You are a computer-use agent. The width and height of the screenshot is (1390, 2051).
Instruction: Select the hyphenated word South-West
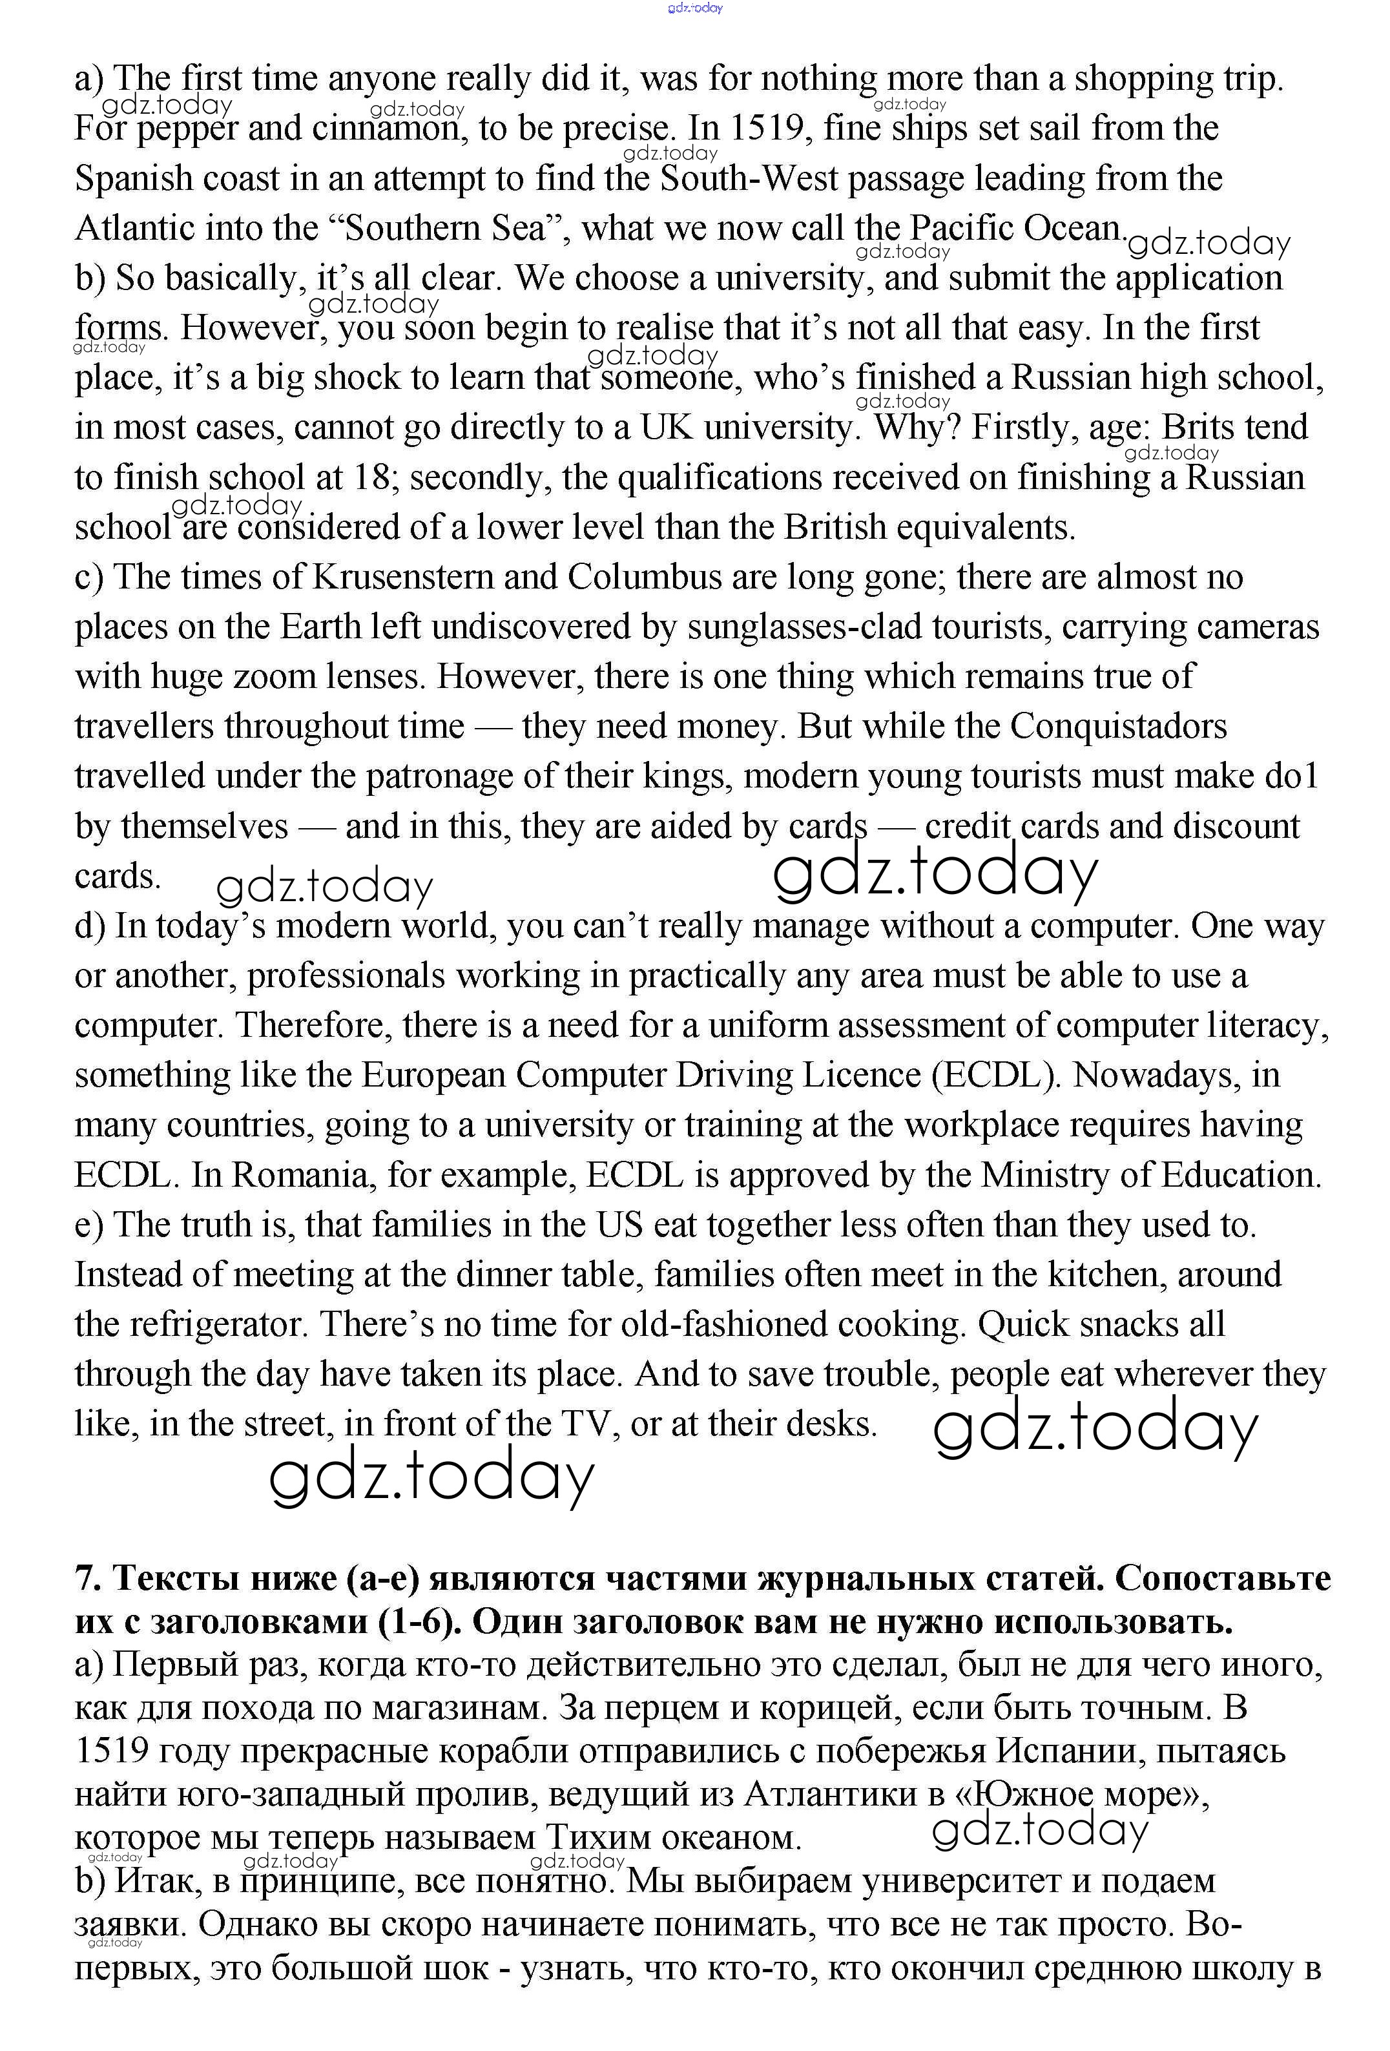[x=749, y=179]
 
